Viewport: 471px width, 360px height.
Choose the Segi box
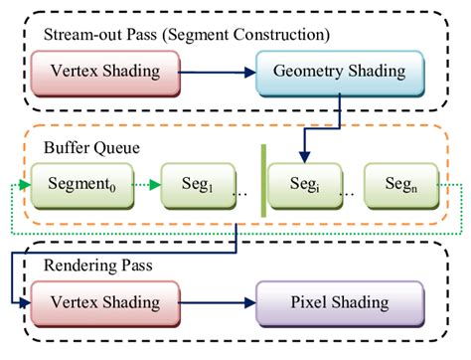[x=304, y=184]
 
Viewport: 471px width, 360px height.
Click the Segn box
[x=399, y=184]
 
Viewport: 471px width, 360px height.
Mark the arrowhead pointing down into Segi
[x=304, y=157]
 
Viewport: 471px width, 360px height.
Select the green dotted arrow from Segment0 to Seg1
[x=145, y=184]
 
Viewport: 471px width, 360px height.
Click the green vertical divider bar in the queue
[x=264, y=182]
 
